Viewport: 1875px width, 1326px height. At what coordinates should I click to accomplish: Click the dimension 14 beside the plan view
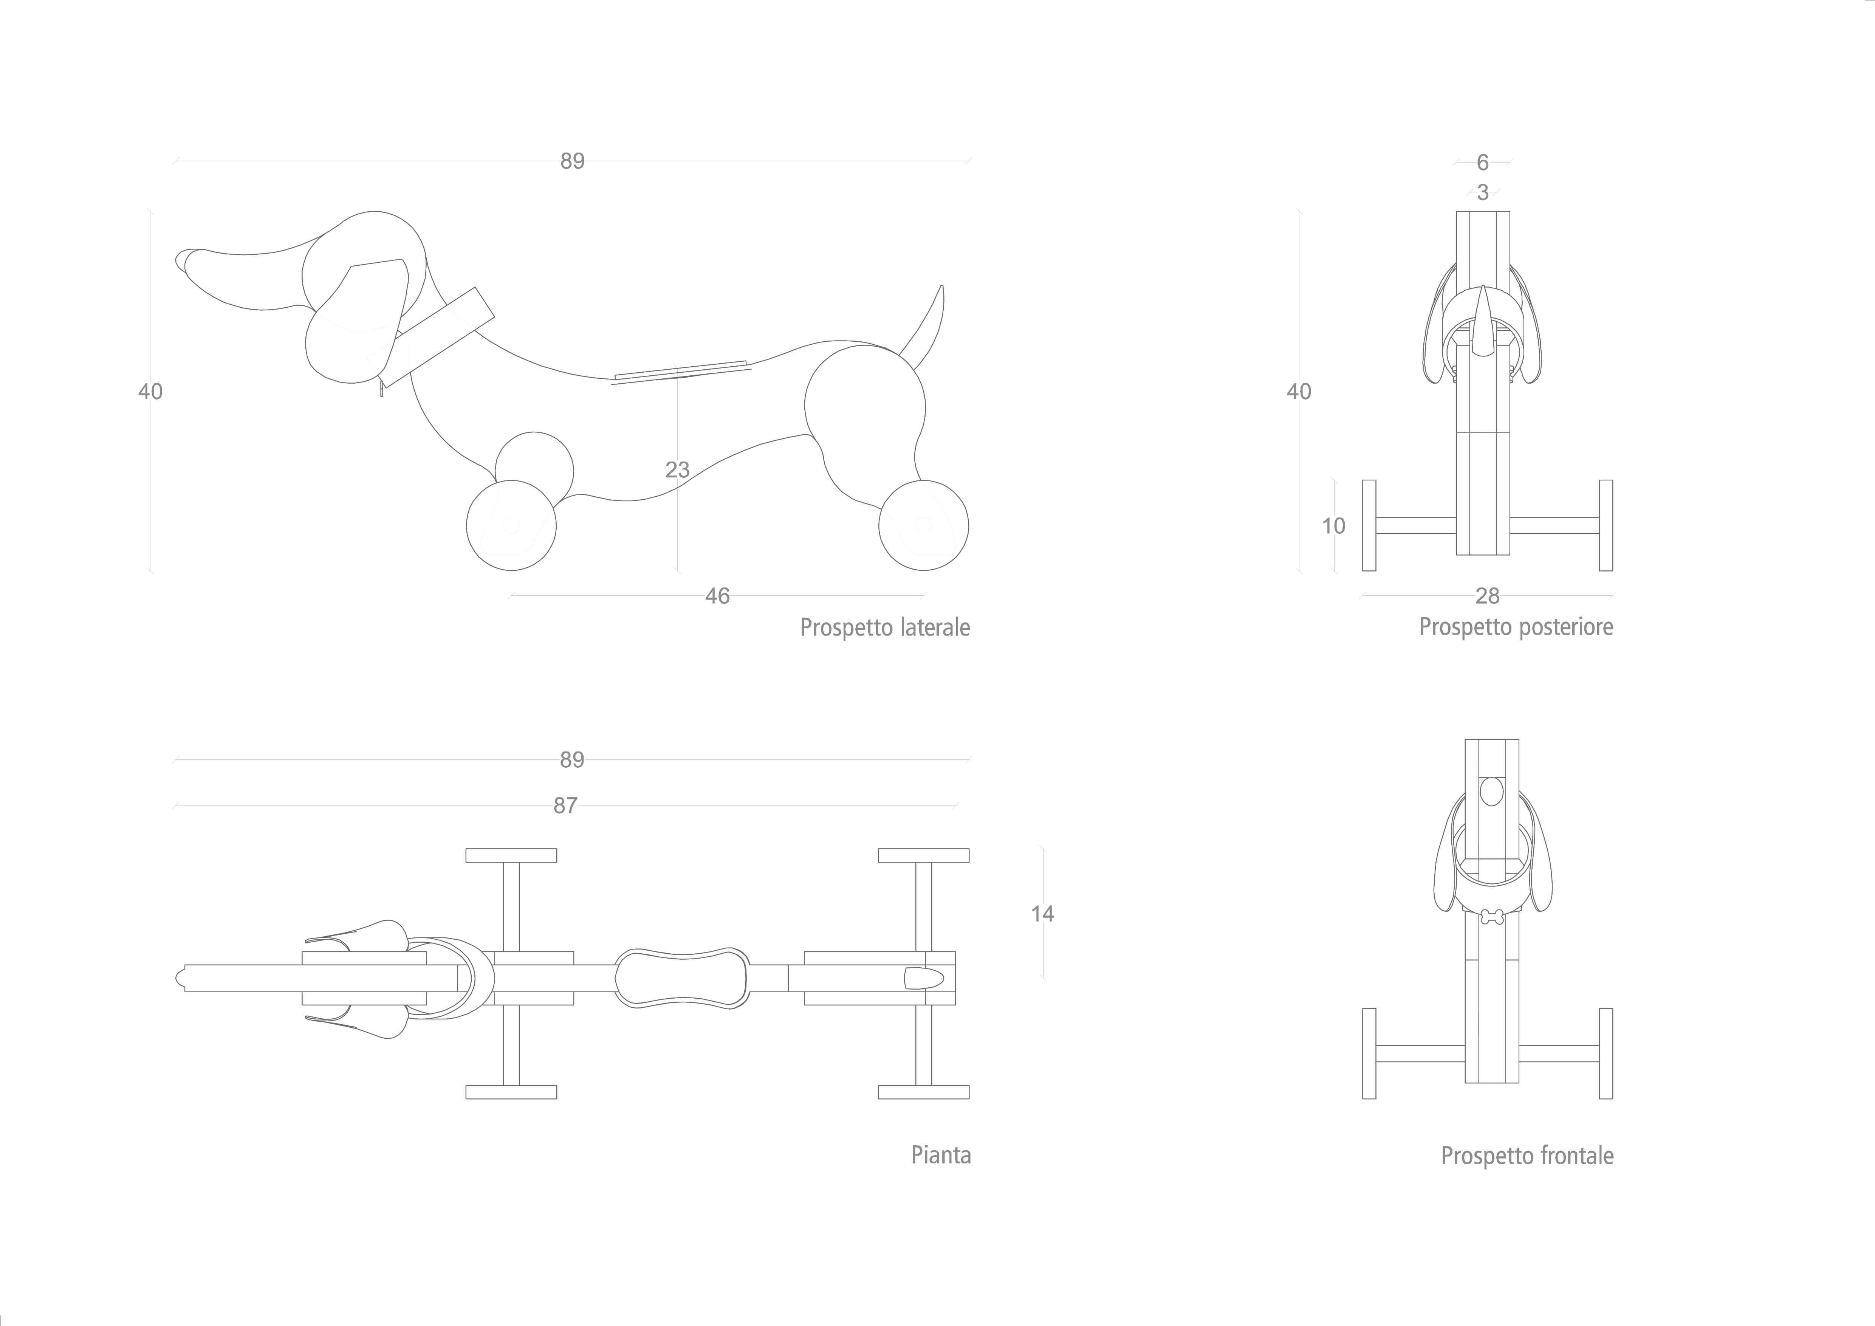pos(1042,914)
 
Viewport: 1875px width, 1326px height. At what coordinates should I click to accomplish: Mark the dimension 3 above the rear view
pos(1483,193)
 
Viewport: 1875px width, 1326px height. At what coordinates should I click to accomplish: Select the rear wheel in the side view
pos(924,525)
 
